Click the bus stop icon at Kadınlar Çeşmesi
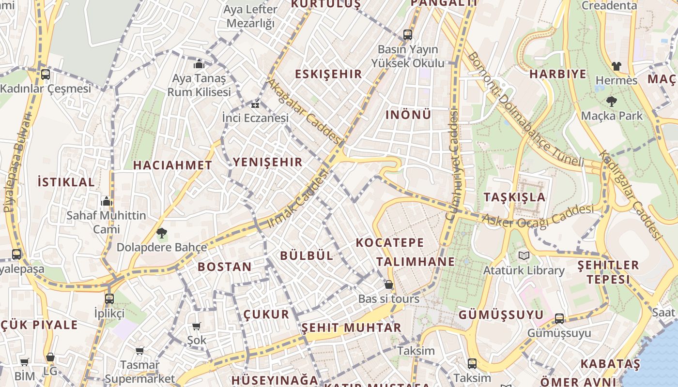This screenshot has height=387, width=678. (x=45, y=74)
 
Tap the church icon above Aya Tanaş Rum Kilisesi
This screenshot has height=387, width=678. (x=199, y=64)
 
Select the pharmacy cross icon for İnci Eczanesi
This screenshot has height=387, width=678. (x=255, y=104)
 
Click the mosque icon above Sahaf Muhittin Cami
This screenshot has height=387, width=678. (x=107, y=201)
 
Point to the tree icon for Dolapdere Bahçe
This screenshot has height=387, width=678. (x=162, y=233)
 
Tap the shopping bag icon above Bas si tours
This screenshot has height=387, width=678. (x=389, y=284)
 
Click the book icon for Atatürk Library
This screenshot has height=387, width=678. (x=524, y=255)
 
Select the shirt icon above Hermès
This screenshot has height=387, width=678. (x=616, y=66)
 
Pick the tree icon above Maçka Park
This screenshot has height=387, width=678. (x=612, y=101)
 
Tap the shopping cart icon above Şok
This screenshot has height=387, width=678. (x=197, y=327)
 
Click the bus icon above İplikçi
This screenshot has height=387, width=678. (x=109, y=298)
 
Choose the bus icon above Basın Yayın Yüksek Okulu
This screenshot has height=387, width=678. (x=408, y=35)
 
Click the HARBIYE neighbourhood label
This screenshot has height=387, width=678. (x=557, y=74)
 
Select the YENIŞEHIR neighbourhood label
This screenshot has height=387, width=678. (x=267, y=162)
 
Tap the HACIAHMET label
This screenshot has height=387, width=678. (x=172, y=165)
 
